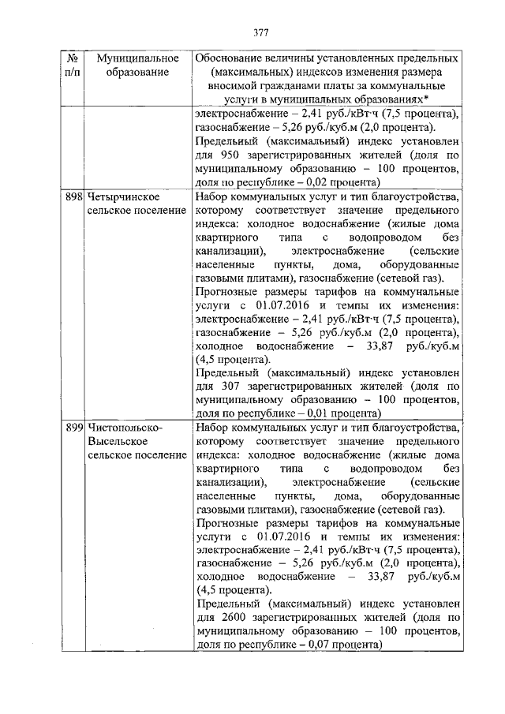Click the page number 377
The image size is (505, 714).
(x=261, y=32)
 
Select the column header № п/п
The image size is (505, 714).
(x=72, y=65)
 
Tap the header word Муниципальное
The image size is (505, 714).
(x=131, y=59)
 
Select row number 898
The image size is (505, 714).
(x=73, y=196)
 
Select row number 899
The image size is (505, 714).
(x=73, y=427)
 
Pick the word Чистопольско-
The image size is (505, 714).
(x=125, y=427)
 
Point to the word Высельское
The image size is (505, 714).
(x=115, y=441)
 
